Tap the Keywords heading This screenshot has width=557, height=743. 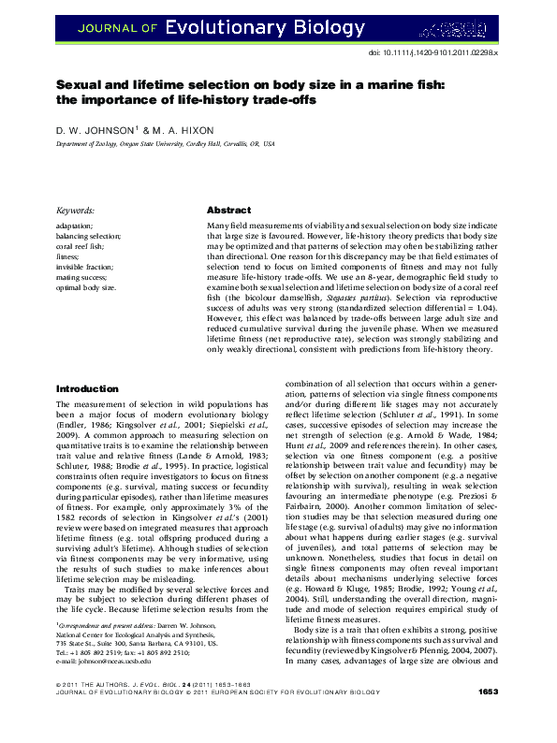(76, 211)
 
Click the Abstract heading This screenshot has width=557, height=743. (228, 211)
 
